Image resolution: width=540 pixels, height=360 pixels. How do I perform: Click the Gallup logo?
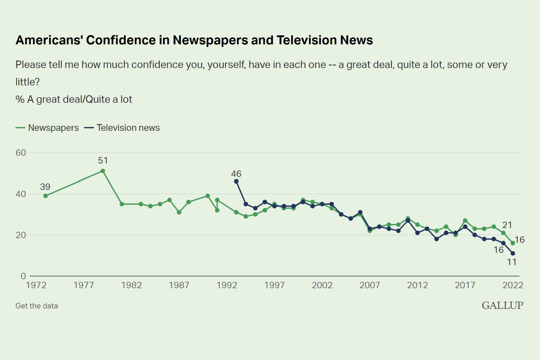(503, 305)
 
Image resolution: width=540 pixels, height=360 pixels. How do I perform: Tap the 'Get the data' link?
(37, 306)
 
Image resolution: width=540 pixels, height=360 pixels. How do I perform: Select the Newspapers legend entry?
(47, 128)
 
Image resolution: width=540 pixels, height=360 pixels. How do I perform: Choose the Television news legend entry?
(122, 128)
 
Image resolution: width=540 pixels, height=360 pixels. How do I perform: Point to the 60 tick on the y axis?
(21, 153)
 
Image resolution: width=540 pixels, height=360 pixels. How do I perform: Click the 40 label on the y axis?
(21, 194)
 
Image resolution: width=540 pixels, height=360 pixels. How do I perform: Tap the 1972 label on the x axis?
(36, 285)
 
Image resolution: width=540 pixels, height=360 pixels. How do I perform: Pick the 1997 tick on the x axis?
(274, 285)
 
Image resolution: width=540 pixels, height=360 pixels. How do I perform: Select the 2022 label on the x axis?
(513, 285)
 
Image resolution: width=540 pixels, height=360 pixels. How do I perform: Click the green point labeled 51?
(103, 171)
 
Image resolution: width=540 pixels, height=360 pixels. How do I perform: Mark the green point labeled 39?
(46, 196)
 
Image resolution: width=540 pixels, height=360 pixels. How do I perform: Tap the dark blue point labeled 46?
(236, 181)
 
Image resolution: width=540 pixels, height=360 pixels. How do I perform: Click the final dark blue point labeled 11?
(513, 253)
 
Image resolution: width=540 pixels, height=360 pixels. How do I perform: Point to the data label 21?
(507, 225)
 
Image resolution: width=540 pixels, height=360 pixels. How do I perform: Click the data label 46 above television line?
(236, 174)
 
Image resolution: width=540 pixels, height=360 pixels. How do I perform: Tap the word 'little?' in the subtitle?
(28, 82)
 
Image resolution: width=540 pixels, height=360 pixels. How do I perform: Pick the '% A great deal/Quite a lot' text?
(74, 99)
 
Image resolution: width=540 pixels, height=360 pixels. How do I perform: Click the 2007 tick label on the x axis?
(370, 285)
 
